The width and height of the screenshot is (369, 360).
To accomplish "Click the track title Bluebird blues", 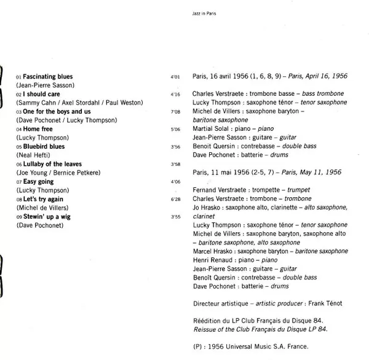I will [x=44, y=147].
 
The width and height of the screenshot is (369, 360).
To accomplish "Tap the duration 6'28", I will [x=174, y=200].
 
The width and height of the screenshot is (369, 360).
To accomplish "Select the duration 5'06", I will [x=174, y=130].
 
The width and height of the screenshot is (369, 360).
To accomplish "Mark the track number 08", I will [x=19, y=200].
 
